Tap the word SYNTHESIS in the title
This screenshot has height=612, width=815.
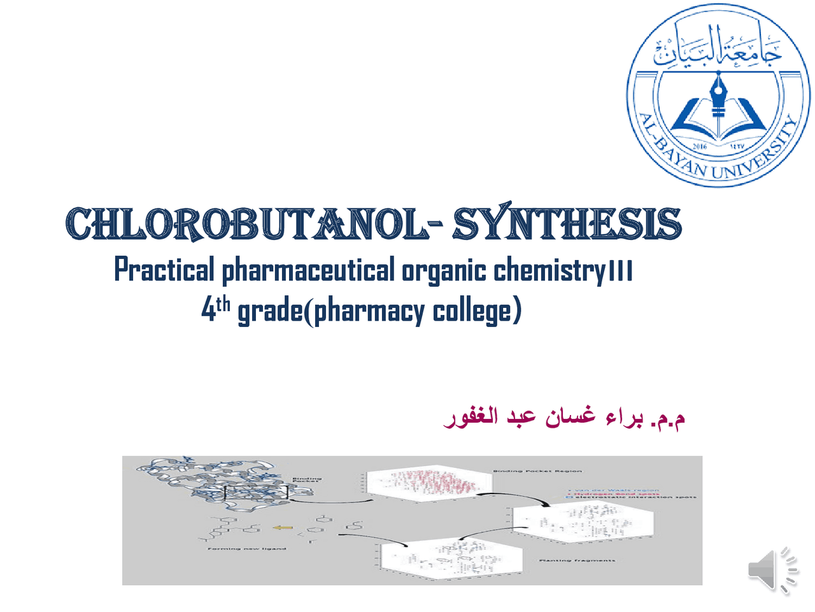567,224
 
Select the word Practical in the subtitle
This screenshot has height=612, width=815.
164,270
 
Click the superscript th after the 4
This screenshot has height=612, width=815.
222,304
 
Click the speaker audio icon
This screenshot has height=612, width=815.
772,569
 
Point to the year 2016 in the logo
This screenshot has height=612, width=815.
700,146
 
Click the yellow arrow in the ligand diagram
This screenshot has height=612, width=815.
283,527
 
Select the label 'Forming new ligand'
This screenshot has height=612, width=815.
247,548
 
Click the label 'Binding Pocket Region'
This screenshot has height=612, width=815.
537,471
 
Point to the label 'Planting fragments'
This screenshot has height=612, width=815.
577,560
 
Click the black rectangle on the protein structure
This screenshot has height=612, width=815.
256,492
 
